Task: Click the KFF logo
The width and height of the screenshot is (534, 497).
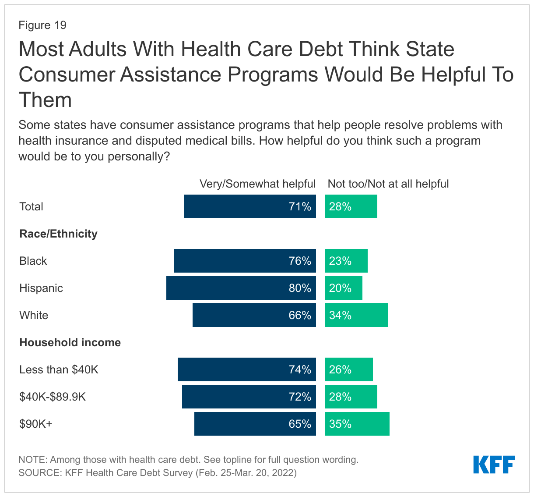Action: point(494,465)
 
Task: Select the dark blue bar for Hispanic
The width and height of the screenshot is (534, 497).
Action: point(241,288)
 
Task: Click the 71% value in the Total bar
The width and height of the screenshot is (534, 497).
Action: point(300,206)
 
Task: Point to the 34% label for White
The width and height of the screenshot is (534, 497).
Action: point(340,315)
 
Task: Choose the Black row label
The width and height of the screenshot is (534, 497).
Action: point(33,261)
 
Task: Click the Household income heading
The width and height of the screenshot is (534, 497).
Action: point(70,342)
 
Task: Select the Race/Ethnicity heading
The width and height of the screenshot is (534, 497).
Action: point(58,234)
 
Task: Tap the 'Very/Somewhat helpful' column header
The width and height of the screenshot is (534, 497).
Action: point(257,184)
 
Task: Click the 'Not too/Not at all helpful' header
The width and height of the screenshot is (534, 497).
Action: point(388,184)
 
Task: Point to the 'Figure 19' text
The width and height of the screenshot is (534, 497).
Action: point(42,25)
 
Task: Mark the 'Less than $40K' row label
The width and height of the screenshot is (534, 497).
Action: point(59,369)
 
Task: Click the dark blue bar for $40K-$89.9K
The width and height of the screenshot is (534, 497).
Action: point(249,397)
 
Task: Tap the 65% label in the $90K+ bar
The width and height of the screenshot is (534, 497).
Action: point(300,424)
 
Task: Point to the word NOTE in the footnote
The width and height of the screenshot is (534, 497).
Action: point(32,460)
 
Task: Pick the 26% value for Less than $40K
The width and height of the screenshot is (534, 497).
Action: point(340,369)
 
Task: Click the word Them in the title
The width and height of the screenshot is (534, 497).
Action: point(45,100)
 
